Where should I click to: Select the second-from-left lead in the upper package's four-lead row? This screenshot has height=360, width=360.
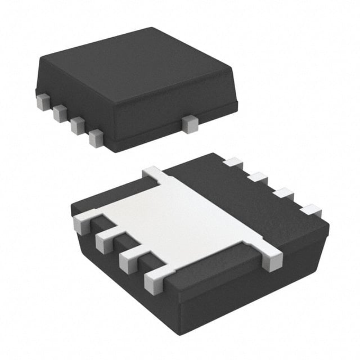coord(60,114)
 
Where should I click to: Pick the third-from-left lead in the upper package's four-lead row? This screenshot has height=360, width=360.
coord(78,126)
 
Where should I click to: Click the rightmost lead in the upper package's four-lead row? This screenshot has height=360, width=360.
coord(96,138)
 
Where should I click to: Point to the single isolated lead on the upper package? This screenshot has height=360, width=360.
coord(190,124)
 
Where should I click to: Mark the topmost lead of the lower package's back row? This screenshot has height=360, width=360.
coord(232,163)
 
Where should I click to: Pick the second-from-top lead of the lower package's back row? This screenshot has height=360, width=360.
coord(258,178)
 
